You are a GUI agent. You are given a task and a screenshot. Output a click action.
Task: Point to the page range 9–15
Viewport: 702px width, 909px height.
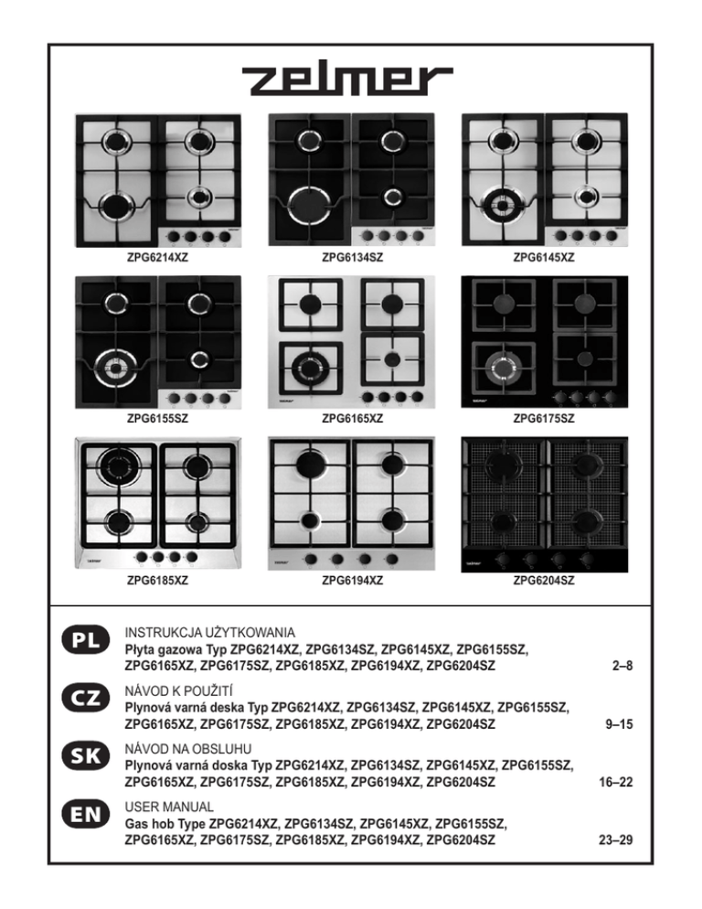[x=619, y=725]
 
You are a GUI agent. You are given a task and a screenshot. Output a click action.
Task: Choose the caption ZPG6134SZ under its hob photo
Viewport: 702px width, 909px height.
[x=352, y=259]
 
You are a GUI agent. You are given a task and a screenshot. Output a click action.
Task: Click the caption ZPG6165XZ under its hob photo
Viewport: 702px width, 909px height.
[x=352, y=419]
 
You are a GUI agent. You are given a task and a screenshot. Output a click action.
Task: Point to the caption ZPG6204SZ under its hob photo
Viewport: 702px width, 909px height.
[x=544, y=579]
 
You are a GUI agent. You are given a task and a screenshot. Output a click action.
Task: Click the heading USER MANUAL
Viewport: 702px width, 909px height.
[x=169, y=807]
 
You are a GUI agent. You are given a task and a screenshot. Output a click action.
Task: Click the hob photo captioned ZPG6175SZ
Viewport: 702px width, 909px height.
[x=544, y=341]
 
